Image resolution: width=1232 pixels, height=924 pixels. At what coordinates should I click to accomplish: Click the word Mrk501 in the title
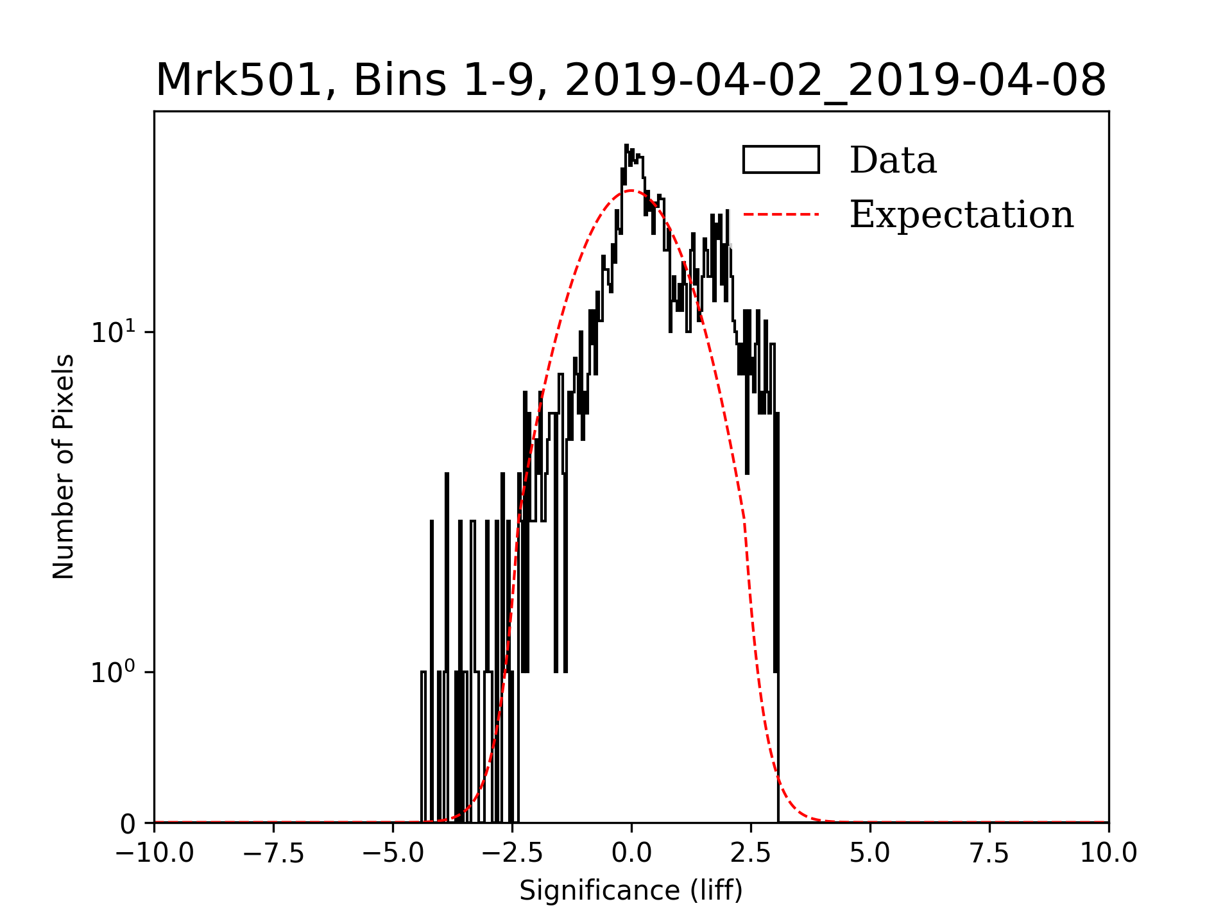coord(238,81)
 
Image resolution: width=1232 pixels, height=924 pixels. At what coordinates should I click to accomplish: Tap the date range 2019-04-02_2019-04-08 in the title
coord(835,81)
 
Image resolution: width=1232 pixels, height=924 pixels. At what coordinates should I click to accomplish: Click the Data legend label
coord(893,160)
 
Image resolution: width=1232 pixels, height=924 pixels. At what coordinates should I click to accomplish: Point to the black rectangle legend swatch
coord(781,160)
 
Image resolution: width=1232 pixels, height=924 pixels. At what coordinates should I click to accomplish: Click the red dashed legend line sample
coord(781,214)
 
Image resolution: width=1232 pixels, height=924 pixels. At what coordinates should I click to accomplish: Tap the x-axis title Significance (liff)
coord(631,891)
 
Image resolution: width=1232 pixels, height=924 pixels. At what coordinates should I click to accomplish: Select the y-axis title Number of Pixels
coord(64,466)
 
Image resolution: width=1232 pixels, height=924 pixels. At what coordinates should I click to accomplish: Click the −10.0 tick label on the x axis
coord(155,853)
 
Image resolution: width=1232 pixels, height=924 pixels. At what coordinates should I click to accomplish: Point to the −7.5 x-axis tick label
coord(274,853)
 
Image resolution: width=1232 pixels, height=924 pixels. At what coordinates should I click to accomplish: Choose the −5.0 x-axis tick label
coord(393,853)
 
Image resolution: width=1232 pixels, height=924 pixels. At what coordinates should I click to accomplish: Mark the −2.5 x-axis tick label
coord(513,853)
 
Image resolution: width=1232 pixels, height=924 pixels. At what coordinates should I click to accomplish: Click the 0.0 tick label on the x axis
coord(631,853)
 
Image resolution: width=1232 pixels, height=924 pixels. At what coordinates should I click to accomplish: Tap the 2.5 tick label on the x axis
coord(751,853)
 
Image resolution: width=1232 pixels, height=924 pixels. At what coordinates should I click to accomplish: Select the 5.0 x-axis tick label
coord(870,853)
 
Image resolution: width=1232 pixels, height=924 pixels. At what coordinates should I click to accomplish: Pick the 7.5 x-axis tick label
coord(989,853)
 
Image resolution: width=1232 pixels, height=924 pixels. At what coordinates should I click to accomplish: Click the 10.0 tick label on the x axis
coord(1108,853)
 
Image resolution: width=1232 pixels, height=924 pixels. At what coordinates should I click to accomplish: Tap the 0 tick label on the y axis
coord(128,824)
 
